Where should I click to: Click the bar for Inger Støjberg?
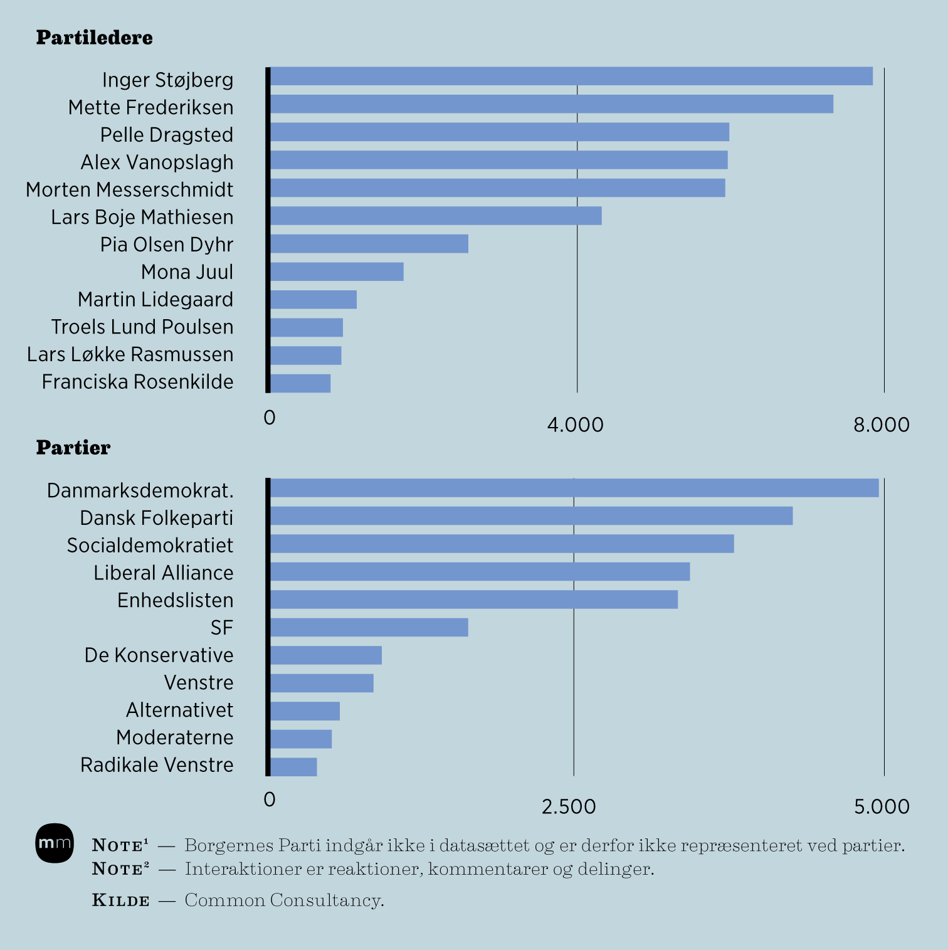point(571,77)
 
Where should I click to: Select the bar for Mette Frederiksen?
point(551,104)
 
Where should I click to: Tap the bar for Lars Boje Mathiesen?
point(435,216)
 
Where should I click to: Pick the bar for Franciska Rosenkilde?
point(300,383)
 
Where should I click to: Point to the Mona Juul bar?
point(336,272)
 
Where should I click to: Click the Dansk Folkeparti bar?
point(530,516)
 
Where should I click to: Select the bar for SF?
point(369,627)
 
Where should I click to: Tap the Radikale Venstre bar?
point(293,767)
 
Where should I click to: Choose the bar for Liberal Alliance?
point(479,572)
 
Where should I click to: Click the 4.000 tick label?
point(575,425)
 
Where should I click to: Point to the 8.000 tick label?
point(881,425)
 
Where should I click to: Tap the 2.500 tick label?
point(569,807)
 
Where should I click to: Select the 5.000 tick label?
point(881,807)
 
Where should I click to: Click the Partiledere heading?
point(94,38)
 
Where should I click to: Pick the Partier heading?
point(73,448)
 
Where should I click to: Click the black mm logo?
point(55,843)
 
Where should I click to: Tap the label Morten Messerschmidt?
point(129,189)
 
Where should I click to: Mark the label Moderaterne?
point(174,737)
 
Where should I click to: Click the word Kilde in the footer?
point(121,901)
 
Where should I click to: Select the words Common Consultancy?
point(284,901)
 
